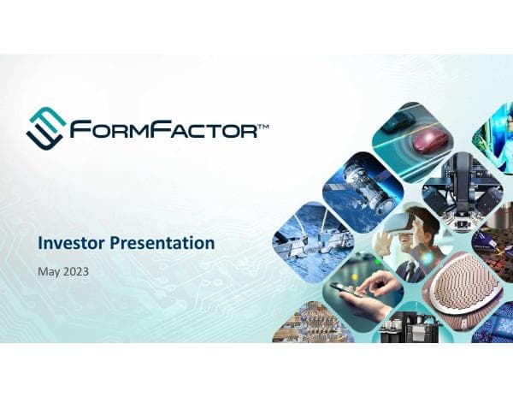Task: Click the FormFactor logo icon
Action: (x=44, y=127)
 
